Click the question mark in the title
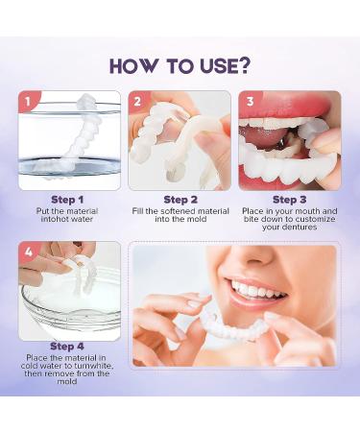coord(243,65)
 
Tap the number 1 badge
coord(28,102)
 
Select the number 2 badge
coord(137,102)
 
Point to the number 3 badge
coord(250,102)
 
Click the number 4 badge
coord(29,252)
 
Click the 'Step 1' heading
coord(67,200)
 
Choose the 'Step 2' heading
coord(180,200)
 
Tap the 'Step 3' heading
coord(289,200)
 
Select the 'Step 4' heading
coord(67,347)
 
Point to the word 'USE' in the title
coord(218,66)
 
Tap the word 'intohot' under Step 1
coord(53,219)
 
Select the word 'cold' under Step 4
coord(28,366)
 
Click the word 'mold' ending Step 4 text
coord(67,381)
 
